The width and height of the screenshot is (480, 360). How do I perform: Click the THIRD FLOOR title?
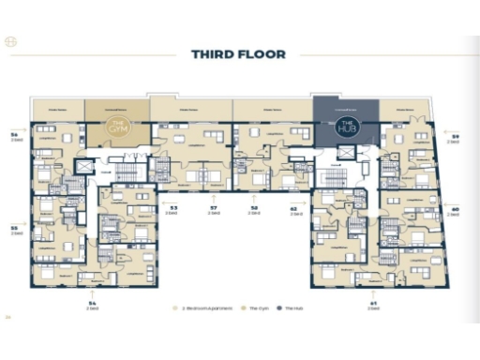[x=238, y=54]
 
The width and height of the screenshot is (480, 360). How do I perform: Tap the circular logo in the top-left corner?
[x=11, y=43]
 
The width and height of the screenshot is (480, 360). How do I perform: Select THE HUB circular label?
[x=346, y=126]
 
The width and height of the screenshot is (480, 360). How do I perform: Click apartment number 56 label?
[x=14, y=137]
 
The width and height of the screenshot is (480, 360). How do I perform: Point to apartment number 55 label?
[x=14, y=227]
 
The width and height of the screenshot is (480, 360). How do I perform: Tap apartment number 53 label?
[x=173, y=208]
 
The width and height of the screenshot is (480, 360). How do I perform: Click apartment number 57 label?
[x=214, y=208]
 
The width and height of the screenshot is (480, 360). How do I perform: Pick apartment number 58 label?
[x=254, y=208]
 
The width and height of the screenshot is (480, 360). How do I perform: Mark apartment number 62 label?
[x=293, y=208]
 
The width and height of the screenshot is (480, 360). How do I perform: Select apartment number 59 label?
[x=455, y=137]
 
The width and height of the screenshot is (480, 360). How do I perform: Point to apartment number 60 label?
[x=455, y=210]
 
